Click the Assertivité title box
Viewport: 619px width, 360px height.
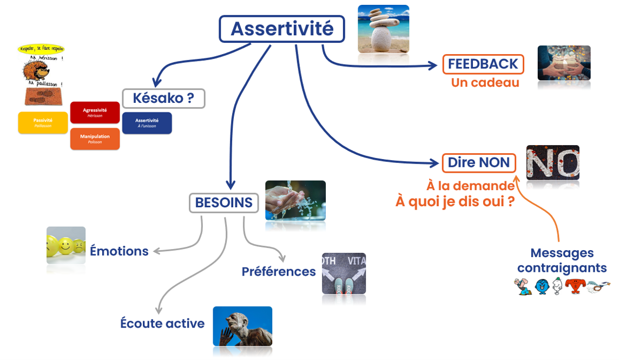[281, 29]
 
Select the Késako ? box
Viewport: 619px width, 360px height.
[163, 99]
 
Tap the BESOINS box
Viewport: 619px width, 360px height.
[223, 203]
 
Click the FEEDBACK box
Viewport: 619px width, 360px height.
[483, 64]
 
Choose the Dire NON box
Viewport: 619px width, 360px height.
[478, 163]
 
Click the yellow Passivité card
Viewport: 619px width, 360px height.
[43, 122]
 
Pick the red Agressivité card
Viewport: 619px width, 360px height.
[95, 112]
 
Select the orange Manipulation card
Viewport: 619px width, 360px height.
[95, 139]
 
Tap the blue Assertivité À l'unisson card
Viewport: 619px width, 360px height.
[147, 122]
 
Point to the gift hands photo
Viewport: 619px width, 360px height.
[563, 63]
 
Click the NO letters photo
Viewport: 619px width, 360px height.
[552, 162]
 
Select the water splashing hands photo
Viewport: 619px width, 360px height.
[295, 200]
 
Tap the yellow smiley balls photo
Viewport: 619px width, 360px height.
[66, 245]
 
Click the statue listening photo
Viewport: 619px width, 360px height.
[242, 326]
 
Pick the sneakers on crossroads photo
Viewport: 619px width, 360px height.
[344, 273]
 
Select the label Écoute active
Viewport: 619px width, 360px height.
[162, 324]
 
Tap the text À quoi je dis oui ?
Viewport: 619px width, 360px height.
[455, 201]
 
